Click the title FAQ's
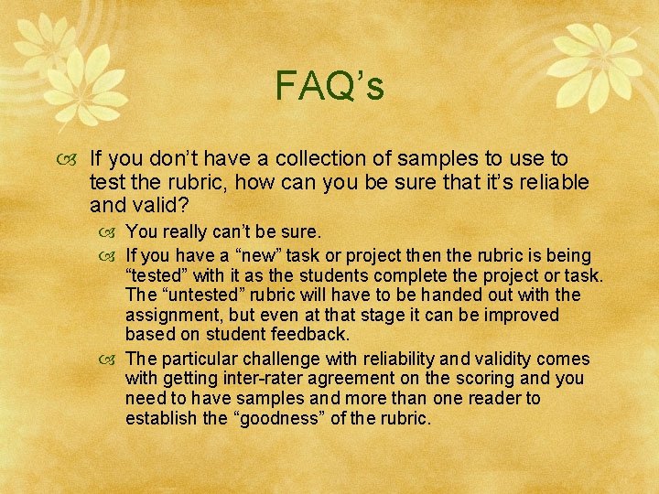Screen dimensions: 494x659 (329, 87)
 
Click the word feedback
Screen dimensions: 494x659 (315, 335)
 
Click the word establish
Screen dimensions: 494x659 (160, 419)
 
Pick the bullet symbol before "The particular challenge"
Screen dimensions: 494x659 (113, 360)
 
